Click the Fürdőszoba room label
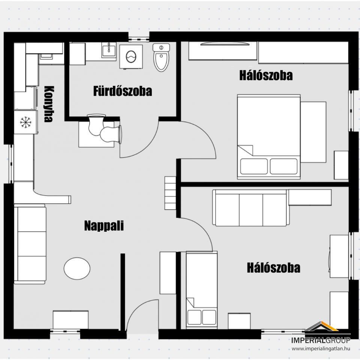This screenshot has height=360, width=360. point(123,91)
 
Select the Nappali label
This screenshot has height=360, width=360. point(104,225)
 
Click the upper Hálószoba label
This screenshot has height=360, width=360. point(266,75)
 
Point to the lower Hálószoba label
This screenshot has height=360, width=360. point(273,268)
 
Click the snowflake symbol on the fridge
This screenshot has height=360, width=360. point(26,122)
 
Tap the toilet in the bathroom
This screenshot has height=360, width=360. point(161,57)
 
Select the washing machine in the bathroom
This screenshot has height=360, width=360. point(131,57)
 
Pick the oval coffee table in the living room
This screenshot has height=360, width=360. point(77,268)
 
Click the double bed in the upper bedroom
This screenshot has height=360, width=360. point(269,136)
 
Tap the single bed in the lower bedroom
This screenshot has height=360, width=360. point(202,290)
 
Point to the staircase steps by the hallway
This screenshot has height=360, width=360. point(170,193)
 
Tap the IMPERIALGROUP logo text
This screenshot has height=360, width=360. point(321,340)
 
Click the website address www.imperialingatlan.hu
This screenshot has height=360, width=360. point(321,348)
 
